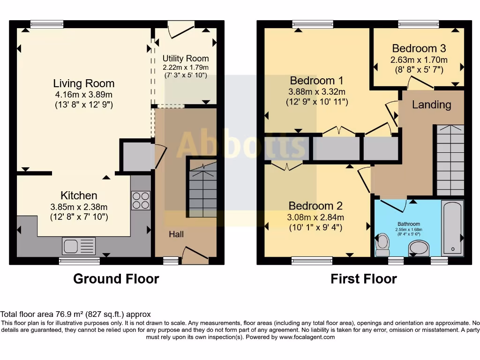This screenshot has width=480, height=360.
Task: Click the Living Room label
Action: (84, 83)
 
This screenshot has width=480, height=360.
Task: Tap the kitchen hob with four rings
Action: (141, 201)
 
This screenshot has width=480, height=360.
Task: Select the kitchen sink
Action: (79, 246)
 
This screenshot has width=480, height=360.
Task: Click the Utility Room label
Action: (186, 58)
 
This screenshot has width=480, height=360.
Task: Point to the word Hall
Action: (176, 234)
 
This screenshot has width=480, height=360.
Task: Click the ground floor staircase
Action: (203, 190)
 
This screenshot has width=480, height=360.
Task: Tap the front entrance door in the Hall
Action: (195, 255)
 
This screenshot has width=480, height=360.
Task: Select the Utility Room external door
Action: (180, 30)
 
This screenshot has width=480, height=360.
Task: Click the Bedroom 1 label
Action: (316, 81)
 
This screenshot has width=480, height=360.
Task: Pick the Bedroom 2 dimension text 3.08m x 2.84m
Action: (315, 217)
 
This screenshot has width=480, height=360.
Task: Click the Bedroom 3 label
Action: (419, 48)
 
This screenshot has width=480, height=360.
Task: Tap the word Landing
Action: (431, 105)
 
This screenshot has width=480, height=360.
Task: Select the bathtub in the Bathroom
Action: (452, 228)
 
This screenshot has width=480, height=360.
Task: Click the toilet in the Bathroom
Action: (382, 244)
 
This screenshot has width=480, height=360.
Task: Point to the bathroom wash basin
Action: (419, 247)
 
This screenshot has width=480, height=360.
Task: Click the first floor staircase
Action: (450, 160)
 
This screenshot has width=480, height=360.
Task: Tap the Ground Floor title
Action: (116, 279)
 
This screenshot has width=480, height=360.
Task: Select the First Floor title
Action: (364, 279)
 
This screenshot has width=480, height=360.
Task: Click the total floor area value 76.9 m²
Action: (69, 315)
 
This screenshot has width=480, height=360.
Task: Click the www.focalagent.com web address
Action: (307, 337)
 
